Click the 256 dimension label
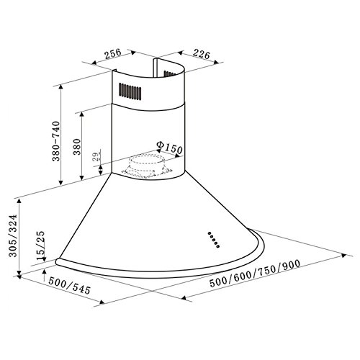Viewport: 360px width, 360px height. tap(113, 54)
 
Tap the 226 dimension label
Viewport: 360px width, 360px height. tap(202, 54)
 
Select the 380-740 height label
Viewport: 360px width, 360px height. tap(56, 141)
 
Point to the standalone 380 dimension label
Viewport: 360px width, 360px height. tap(77, 147)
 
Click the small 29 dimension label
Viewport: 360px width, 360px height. tap(96, 156)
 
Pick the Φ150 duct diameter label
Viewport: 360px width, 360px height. tap(169, 148)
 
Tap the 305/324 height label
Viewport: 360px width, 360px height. tap(13, 235)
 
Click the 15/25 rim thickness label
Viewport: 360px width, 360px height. tap(40, 246)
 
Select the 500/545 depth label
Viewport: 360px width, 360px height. tap(69, 285)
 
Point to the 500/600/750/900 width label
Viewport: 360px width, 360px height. tap(255, 274)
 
